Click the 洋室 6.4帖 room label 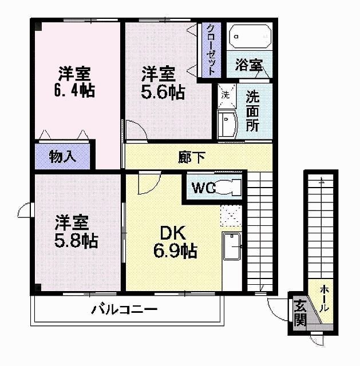pos(76,82)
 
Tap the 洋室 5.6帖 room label pos(163,82)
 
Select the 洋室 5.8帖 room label pos(76,231)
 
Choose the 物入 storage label pos(63,156)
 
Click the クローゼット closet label pos(211,50)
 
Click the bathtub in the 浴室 pos(250,37)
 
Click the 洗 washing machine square pos(226,94)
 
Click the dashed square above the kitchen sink pos(231,216)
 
